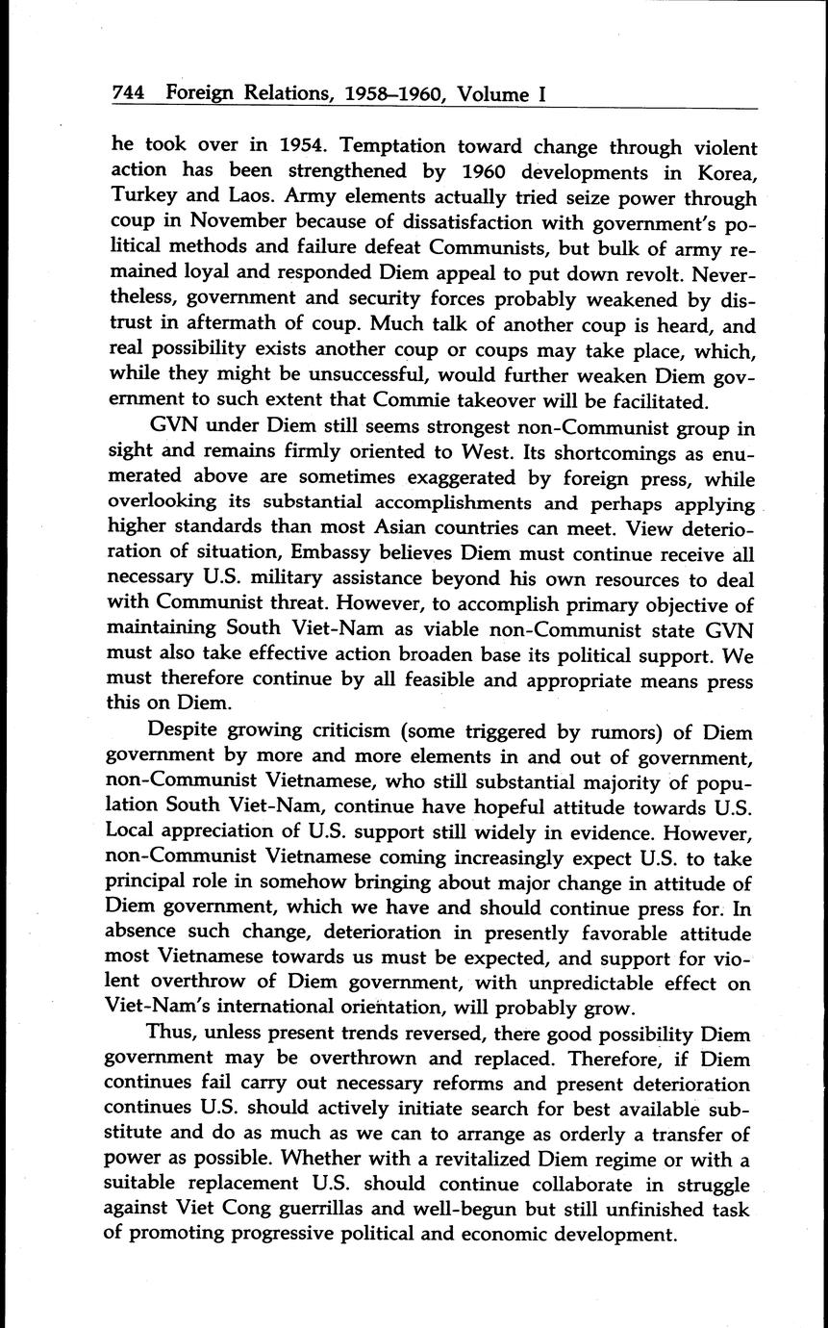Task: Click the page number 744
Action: click(x=128, y=93)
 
